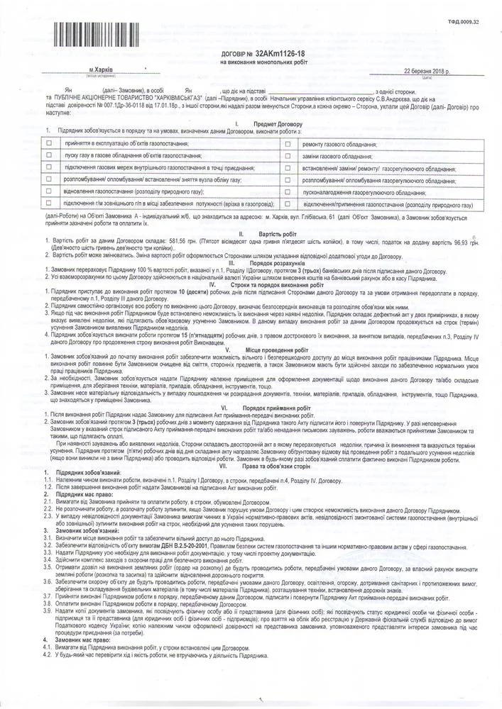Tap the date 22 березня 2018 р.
pyautogui.click(x=426, y=72)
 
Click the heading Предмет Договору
pyautogui.click(x=265, y=123)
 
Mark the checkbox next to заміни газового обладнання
pyautogui.click(x=288, y=155)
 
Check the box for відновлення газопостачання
pyautogui.click(x=48, y=191)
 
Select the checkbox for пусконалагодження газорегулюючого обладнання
pyautogui.click(x=288, y=191)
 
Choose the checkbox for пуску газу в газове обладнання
pyautogui.click(x=48, y=155)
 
